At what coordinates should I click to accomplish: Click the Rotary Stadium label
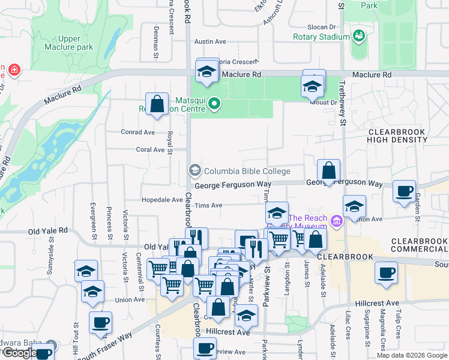click(x=321, y=37)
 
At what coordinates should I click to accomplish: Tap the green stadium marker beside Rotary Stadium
click(x=359, y=37)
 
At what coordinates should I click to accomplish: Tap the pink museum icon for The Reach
click(x=336, y=223)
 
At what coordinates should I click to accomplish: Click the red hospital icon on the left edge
click(x=14, y=71)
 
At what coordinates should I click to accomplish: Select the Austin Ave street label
click(x=209, y=42)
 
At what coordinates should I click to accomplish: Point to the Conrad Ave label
click(x=137, y=133)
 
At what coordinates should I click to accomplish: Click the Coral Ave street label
click(x=150, y=150)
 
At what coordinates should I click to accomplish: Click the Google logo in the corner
click(x=19, y=353)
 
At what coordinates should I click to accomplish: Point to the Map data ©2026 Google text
click(x=411, y=355)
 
